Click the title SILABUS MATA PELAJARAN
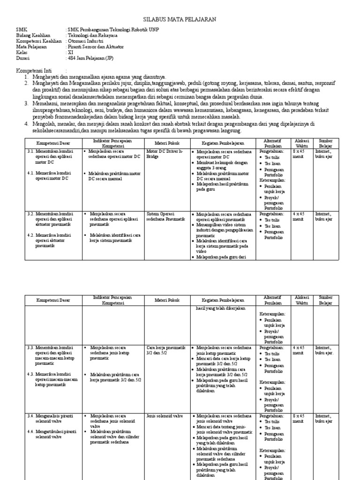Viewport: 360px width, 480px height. [180, 19]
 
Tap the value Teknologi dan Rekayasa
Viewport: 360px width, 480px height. [93, 35]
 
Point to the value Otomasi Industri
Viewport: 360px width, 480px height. [87, 41]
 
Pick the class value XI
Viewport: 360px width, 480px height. [70, 52]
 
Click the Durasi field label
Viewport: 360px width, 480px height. [22, 58]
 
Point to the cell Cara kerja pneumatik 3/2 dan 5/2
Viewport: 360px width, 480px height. [166, 351]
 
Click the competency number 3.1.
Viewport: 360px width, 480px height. [31, 151]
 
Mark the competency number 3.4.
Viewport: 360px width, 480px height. [31, 415]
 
